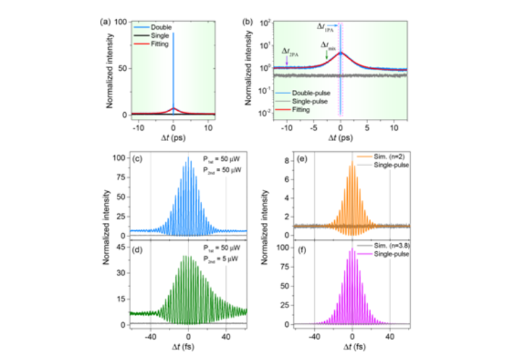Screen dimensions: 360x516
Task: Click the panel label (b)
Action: click(x=248, y=22)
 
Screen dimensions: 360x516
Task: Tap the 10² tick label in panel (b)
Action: click(x=266, y=22)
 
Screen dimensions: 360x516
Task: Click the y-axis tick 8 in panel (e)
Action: click(x=268, y=161)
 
